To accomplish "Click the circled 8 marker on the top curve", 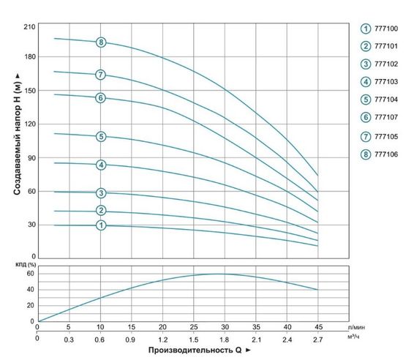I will click(101, 42).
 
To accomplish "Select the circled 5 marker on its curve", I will click(101, 136).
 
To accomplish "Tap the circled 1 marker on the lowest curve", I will click(101, 225).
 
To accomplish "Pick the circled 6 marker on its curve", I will click(101, 98).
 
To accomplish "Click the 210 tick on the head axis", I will click(29, 28).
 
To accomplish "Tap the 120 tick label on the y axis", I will click(29, 124).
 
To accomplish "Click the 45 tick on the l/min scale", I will click(318, 327).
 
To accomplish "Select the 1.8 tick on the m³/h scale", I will click(225, 340).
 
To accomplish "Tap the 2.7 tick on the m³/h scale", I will click(318, 340).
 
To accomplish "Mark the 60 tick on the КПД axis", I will click(31, 274).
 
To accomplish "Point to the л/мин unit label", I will click(356, 327).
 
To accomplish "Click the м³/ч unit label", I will click(356, 338).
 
